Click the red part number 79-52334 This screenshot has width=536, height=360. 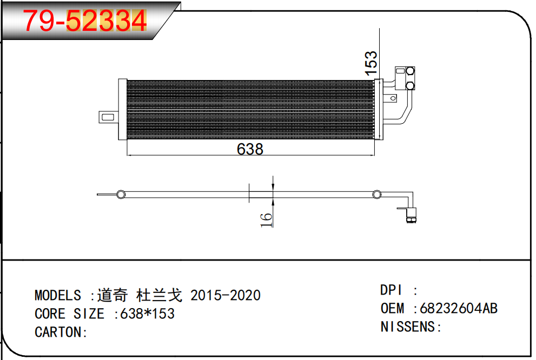click(84, 22)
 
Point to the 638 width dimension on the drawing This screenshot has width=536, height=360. click(250, 149)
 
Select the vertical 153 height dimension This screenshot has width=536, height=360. click(371, 63)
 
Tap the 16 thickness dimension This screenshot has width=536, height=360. click(267, 219)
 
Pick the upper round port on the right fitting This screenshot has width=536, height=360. click(410, 71)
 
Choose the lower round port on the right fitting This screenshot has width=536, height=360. click(410, 85)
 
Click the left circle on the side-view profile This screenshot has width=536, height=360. click(121, 194)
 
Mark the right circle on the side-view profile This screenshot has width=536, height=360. click(376, 194)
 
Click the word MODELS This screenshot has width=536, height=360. click(58, 295)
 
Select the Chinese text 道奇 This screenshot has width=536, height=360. click(113, 295)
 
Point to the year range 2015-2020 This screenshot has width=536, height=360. click(226, 295)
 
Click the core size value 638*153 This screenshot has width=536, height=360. click(148, 314)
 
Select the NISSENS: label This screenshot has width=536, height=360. click(411, 326)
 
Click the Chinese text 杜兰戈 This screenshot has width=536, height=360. click(160, 295)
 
